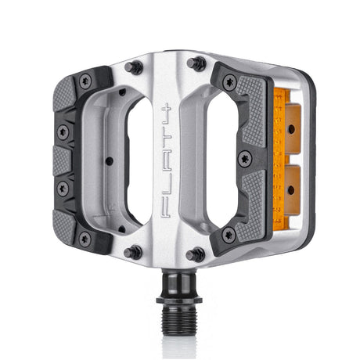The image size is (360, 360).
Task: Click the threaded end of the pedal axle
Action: (x=179, y=319)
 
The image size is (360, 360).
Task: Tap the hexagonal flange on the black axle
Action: (x=179, y=300)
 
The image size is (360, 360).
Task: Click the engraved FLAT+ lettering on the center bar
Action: (x=166, y=160)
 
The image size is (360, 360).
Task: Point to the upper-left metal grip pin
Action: (x=134, y=68)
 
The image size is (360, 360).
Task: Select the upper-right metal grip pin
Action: (x=196, y=63)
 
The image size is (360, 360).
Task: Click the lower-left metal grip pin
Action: (x=133, y=252)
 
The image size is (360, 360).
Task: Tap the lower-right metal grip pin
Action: (x=196, y=255)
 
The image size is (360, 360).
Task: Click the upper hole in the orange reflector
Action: (x=291, y=129)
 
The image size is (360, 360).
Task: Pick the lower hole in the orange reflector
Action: (x=291, y=190)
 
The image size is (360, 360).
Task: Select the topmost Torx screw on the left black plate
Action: (x=85, y=81)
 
